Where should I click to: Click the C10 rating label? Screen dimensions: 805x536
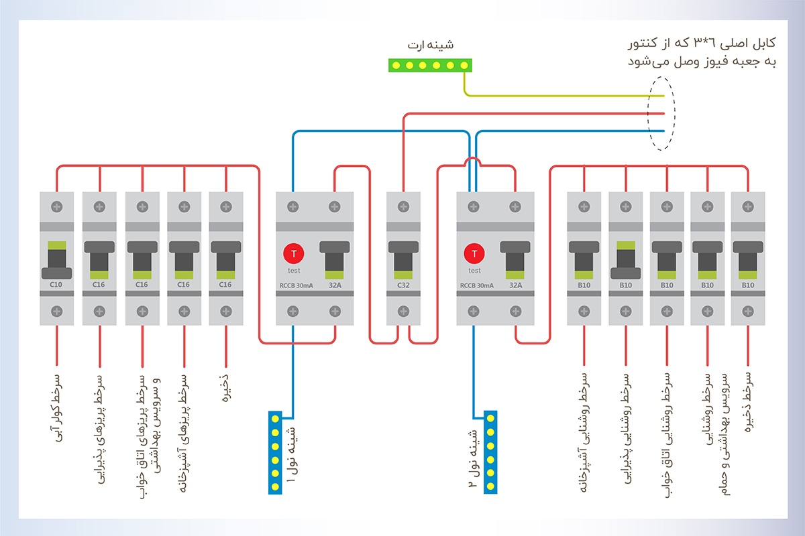tap(56, 285)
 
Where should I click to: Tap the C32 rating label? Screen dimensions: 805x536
tap(403, 285)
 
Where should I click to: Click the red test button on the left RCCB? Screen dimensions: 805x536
tap(294, 253)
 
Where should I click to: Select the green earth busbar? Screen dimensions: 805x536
tap(430, 66)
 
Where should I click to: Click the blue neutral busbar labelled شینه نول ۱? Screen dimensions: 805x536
tap(275, 453)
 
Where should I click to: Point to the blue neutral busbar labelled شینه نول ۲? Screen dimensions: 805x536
tap(490, 452)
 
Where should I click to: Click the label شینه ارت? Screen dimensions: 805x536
tap(431, 46)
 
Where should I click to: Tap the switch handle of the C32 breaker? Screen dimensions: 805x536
tap(403, 260)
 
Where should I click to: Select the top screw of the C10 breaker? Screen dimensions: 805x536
tap(57, 207)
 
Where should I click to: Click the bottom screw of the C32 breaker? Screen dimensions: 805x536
tap(403, 312)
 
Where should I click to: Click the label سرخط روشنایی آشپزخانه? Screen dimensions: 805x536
tap(584, 432)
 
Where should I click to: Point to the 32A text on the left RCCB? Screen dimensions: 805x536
tap(335, 285)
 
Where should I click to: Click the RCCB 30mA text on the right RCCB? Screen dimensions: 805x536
tap(477, 286)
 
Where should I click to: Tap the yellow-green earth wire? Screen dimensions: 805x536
tap(563, 96)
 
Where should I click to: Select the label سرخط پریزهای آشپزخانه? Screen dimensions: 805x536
tap(183, 433)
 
